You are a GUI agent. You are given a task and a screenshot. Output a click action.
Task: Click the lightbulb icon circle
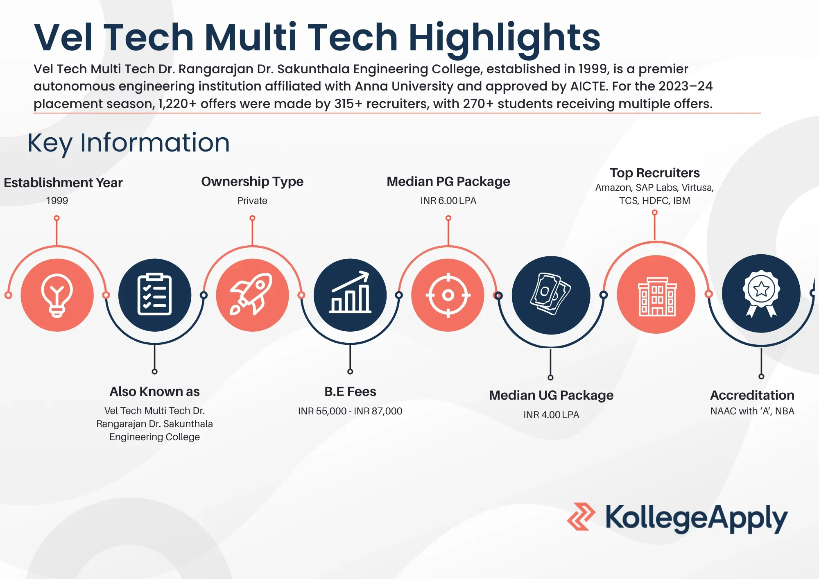[57, 295]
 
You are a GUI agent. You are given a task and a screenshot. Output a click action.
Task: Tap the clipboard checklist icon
[154, 295]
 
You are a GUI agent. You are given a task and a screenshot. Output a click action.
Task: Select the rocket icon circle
[252, 295]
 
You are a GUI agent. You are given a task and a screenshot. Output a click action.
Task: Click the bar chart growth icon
[350, 295]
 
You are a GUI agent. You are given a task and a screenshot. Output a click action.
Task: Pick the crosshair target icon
[448, 295]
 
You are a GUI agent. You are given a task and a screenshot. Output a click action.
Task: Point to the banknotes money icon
[551, 295]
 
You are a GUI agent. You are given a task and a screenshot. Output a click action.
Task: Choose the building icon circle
[656, 294]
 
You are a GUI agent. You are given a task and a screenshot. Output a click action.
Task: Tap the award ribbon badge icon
[761, 293]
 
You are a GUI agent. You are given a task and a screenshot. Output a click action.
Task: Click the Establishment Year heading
[63, 183]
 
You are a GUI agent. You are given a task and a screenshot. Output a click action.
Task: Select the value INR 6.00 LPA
[448, 201]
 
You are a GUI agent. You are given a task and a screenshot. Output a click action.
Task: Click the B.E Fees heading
[350, 391]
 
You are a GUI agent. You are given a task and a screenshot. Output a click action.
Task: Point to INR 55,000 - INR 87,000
[350, 411]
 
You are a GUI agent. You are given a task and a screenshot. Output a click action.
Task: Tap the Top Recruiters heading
[654, 173]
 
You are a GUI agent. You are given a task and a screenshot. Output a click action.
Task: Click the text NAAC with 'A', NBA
[752, 411]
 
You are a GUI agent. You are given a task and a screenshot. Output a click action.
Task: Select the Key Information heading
[129, 142]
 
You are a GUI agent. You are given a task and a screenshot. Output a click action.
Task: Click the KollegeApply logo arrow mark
[581, 516]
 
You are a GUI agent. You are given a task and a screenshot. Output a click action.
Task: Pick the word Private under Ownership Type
[252, 201]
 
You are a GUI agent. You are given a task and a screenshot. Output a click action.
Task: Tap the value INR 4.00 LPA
[551, 415]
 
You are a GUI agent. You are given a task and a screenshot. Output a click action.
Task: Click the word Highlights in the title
[504, 38]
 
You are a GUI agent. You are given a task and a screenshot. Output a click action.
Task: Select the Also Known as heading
[154, 391]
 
